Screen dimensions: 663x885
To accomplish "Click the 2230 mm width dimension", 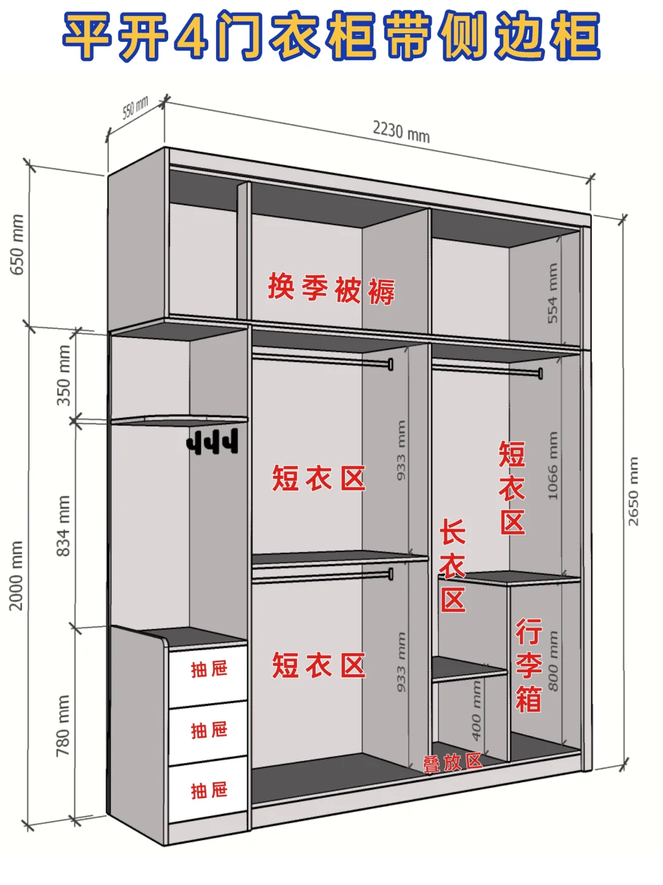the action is coord(401,132).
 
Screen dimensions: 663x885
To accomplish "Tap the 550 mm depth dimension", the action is coord(135,108).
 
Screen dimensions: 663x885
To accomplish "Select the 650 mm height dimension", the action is coord(17,245).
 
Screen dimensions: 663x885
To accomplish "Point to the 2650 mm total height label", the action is coord(634,491).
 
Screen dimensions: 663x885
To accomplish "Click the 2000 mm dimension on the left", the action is coord(16,576).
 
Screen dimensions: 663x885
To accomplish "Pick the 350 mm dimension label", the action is coord(64,375).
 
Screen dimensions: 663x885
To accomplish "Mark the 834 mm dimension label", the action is coord(64,526).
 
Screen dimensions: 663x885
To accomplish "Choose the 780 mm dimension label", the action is coord(63,726).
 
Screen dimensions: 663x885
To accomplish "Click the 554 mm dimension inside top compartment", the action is coord(553,293).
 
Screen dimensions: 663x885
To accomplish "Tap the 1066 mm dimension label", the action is coord(553,465).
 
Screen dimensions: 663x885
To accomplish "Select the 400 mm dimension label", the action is coord(476,710).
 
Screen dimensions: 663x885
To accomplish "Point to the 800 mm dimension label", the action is coord(553,661).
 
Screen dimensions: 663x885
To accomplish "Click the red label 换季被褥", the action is coord(331,289).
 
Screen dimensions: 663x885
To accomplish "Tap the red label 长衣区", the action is coord(453,566).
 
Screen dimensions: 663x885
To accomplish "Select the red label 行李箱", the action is coord(529,666).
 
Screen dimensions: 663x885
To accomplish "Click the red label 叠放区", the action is coord(452,763).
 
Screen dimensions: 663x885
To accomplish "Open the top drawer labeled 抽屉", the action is coord(209,670).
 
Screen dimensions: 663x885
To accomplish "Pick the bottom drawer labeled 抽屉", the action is coord(209,791).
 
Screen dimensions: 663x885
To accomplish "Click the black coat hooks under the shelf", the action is coord(212,442).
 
